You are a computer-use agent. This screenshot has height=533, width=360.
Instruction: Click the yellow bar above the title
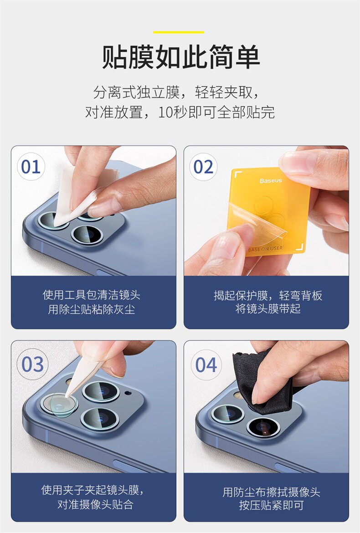click(179, 32)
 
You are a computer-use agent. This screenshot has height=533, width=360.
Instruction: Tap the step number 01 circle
click(31, 167)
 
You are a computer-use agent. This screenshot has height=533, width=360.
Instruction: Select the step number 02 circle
click(203, 167)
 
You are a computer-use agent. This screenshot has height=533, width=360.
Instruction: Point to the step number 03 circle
click(33, 364)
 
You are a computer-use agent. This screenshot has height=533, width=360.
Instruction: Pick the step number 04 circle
click(206, 365)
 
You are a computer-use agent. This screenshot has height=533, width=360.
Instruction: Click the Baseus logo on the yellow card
click(271, 180)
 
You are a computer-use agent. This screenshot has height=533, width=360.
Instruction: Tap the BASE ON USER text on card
click(266, 248)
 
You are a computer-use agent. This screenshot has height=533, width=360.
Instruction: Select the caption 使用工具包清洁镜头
click(92, 295)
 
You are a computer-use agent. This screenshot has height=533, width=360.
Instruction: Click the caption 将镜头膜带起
click(268, 309)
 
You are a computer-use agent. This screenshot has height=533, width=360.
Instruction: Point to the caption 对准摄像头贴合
click(95, 504)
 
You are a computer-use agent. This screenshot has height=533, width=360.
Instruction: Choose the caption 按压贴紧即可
click(271, 505)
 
